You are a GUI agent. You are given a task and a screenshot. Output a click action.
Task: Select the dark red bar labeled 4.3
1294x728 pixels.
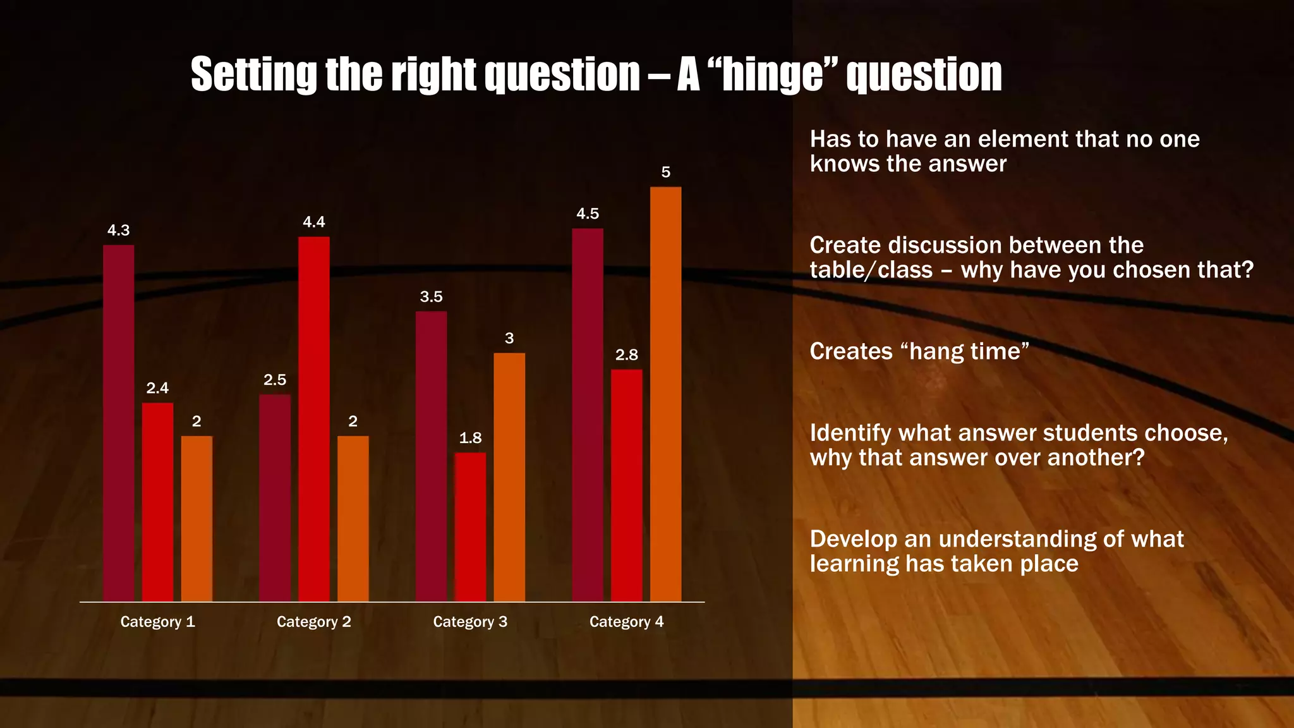(x=119, y=423)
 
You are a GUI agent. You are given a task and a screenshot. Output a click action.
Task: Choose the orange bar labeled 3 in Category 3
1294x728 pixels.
(x=509, y=476)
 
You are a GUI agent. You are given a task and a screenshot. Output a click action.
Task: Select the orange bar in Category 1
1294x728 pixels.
(x=197, y=518)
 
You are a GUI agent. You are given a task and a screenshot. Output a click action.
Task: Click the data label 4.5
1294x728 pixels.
(x=588, y=214)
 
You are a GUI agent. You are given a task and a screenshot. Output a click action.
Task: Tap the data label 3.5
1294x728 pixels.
(x=432, y=297)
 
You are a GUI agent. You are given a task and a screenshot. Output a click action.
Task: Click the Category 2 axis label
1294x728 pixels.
(x=314, y=622)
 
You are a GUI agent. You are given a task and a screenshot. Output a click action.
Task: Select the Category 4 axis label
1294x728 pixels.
(x=627, y=622)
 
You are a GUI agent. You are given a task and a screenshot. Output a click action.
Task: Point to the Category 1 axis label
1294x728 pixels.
(x=157, y=622)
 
